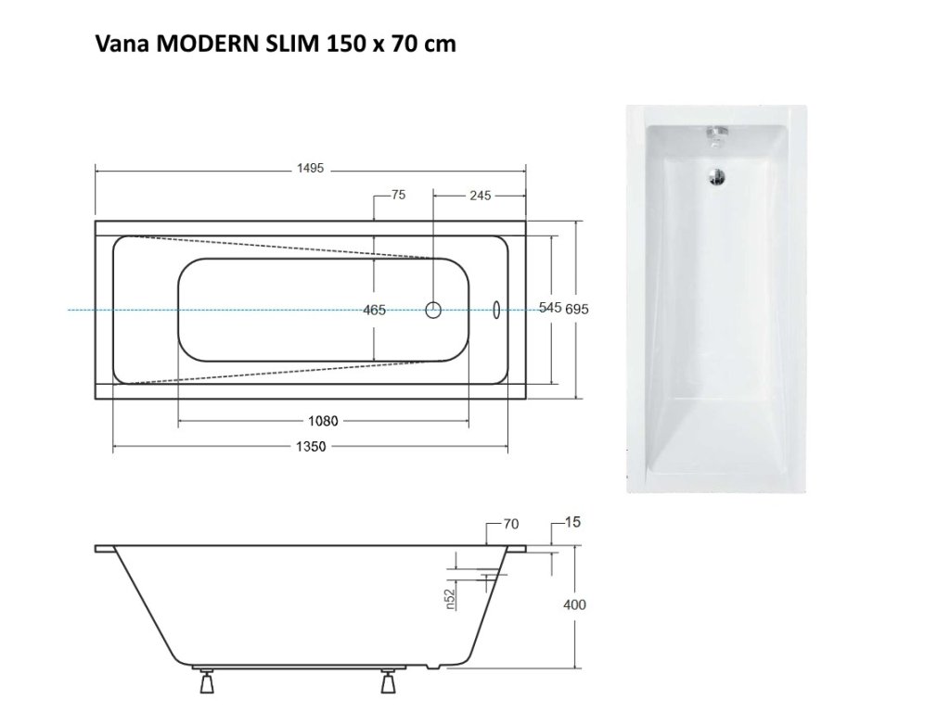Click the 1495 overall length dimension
310,169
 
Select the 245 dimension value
480,196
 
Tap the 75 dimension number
398,195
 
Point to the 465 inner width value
375,310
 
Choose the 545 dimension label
550,308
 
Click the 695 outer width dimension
577,309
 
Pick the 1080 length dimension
323,421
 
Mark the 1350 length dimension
311,447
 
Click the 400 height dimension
574,604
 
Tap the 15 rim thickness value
572,522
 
